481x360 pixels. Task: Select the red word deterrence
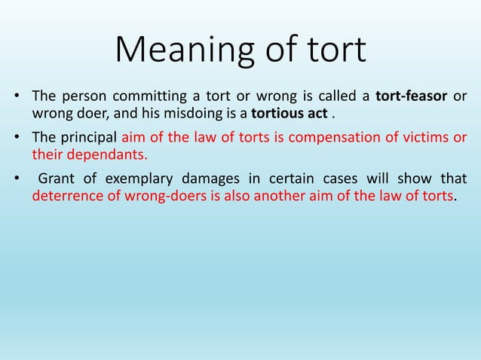pos(64,196)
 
